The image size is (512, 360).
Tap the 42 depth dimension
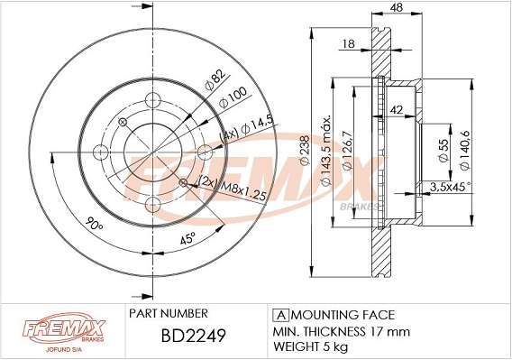point(396,110)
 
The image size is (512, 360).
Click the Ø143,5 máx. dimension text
point(328,148)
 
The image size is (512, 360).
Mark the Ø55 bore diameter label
point(443,148)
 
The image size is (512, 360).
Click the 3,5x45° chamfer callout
point(452,187)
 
